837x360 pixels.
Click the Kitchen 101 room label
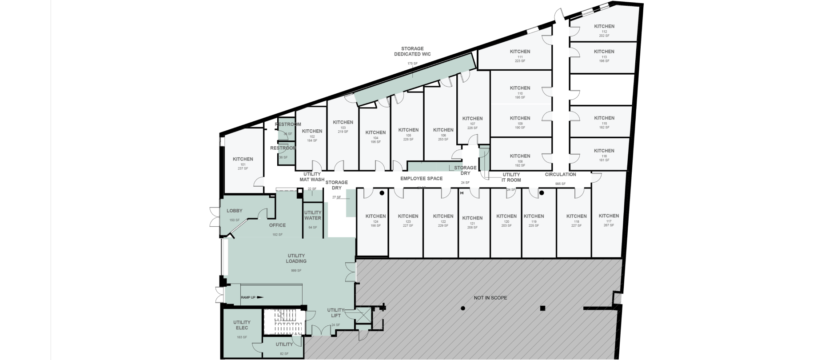[x=243, y=159]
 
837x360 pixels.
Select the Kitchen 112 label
[x=604, y=27]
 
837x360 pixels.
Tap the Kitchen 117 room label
[x=609, y=216]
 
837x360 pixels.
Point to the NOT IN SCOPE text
[x=490, y=298]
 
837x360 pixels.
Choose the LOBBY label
[x=235, y=211]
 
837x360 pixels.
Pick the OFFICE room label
[x=277, y=225]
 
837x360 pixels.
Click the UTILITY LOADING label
[x=296, y=258]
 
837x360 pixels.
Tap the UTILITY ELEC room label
[x=242, y=325]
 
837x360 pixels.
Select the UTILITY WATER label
[x=313, y=216]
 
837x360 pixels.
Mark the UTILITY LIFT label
[x=336, y=313]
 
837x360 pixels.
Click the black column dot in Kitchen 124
[x=382, y=193]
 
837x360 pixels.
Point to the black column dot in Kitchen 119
[x=542, y=193]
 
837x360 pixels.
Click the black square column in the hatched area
[x=542, y=308]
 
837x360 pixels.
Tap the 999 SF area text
[x=296, y=271]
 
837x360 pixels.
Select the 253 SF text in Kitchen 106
[x=443, y=140]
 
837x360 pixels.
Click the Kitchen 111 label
[x=520, y=52]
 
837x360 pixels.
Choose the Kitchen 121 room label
[x=472, y=218]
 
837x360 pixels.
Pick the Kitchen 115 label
[x=604, y=118]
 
